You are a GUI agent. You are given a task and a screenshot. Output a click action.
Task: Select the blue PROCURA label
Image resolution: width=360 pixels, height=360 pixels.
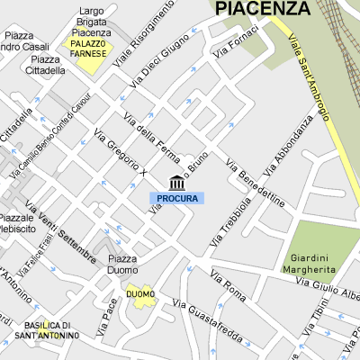[x=176, y=198]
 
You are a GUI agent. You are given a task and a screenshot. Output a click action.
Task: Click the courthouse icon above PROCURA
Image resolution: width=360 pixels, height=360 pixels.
[x=176, y=183]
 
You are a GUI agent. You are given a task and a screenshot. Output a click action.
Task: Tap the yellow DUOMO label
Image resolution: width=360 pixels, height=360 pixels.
[x=140, y=294]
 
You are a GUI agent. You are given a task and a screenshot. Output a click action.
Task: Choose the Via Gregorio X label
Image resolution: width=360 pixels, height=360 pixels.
[x=120, y=151]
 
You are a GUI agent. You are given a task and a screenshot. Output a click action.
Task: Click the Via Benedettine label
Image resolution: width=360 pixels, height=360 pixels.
[x=256, y=184]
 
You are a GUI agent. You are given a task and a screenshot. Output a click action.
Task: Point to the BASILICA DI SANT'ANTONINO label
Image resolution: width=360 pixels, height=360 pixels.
[x=52, y=330]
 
